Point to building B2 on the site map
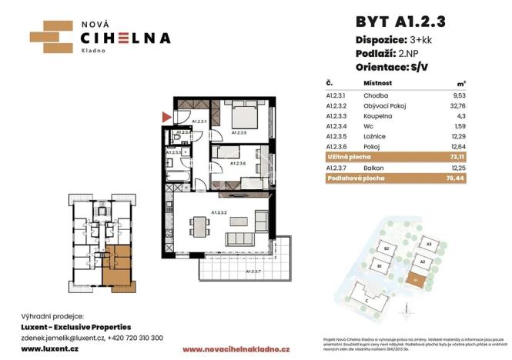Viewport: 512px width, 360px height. [389, 250]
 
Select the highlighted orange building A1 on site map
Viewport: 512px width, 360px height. [415, 282]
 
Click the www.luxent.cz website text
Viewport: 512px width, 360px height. [42, 348]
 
